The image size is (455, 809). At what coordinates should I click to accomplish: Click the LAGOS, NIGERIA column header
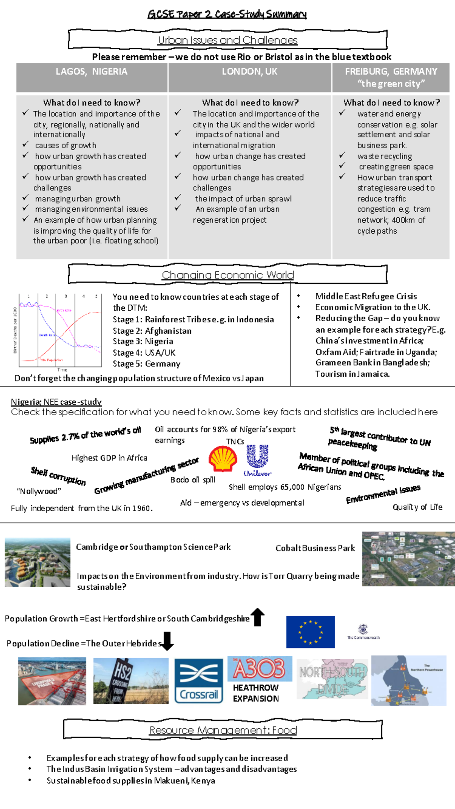click(91, 72)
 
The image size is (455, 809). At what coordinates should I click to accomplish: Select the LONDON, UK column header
click(249, 72)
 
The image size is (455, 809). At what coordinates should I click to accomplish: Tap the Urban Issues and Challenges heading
click(227, 40)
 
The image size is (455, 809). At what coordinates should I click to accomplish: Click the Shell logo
click(223, 459)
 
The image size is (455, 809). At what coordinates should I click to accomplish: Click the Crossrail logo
click(199, 681)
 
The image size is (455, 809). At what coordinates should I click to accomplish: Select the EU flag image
click(310, 632)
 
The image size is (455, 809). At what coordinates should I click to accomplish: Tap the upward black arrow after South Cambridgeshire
click(258, 617)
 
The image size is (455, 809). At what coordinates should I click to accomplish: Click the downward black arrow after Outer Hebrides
click(167, 641)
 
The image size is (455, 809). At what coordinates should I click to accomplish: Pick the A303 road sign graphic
click(260, 669)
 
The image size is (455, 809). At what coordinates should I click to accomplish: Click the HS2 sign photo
click(131, 681)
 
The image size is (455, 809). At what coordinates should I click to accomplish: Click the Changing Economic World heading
click(227, 275)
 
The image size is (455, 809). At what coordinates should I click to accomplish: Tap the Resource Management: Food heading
click(223, 730)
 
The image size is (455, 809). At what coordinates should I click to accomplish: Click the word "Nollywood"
click(39, 492)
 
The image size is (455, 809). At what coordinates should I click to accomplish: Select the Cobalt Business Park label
click(315, 548)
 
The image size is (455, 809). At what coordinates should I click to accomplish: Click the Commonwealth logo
click(363, 631)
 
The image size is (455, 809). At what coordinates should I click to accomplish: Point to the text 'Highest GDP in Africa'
click(109, 458)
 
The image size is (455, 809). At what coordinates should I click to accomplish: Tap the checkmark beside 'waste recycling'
click(342, 155)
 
